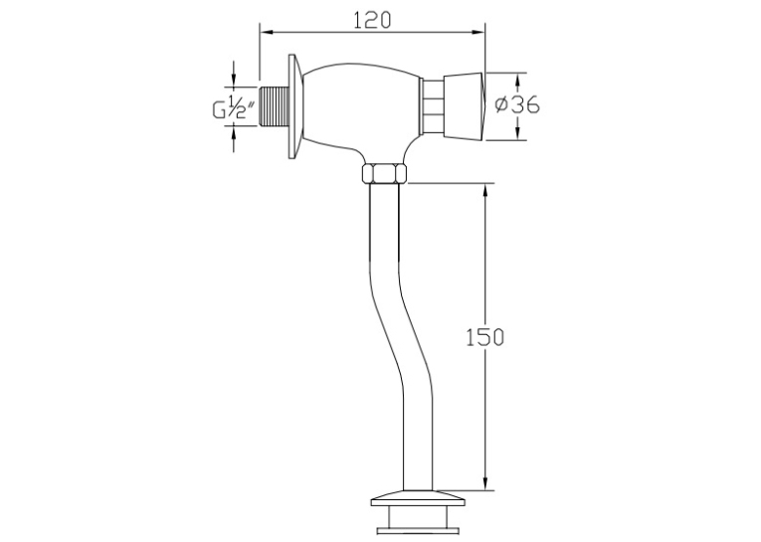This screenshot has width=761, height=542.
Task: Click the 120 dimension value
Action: click(372, 20)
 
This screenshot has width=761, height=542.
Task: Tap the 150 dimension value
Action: click(484, 337)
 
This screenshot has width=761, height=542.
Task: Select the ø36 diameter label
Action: click(517, 104)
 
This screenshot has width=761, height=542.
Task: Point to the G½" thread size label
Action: click(234, 106)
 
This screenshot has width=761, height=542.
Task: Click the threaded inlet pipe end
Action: click(275, 106)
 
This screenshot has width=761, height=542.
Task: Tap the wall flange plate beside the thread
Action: click(295, 105)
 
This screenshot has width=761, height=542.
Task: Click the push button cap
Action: click(465, 106)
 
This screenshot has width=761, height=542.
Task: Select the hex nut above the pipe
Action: click(384, 173)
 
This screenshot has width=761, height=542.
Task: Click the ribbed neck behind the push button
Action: click(432, 106)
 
